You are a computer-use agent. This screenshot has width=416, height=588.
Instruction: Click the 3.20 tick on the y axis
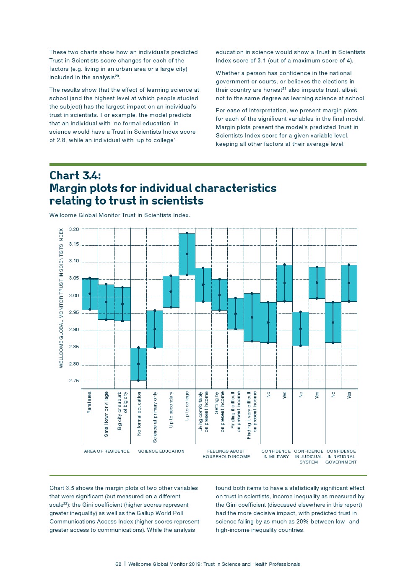pos(74,229)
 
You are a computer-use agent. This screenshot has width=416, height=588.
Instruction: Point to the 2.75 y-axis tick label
pos(74,381)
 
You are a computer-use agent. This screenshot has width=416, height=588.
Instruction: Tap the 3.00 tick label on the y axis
pos(74,295)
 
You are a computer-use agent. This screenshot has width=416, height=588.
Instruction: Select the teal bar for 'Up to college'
pos(187,254)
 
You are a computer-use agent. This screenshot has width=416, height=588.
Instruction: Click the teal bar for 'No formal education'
pos(138,364)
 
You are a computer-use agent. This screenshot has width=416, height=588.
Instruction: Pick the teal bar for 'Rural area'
pos(90,294)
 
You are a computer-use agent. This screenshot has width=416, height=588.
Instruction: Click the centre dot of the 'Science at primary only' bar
pos(155,329)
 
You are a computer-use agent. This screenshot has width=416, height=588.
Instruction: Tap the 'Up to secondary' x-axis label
pos(171,409)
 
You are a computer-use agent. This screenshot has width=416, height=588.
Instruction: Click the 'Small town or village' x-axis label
pos(106,414)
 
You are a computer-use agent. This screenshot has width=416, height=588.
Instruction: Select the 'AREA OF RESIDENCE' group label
pos(107,451)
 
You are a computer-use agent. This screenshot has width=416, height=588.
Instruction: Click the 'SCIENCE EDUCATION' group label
pos(161,451)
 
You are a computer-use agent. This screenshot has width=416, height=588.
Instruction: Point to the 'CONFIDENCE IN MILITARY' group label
pos(276,453)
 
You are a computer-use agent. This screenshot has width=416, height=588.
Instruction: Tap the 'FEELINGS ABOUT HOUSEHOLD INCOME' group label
pos(226,453)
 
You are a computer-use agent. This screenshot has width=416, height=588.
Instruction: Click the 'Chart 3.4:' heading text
pos(75,175)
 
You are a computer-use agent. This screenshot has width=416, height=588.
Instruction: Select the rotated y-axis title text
pos(61,298)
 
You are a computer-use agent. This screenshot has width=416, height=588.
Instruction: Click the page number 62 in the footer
pos(118,564)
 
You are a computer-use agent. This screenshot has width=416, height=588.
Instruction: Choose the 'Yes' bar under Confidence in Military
pos(284,283)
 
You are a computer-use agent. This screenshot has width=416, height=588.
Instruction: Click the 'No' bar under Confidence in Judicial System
pos(301,329)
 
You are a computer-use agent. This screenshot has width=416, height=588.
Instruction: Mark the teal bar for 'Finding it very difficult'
pos(252,317)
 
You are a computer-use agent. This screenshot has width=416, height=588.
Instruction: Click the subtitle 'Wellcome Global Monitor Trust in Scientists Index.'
pos(120,215)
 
